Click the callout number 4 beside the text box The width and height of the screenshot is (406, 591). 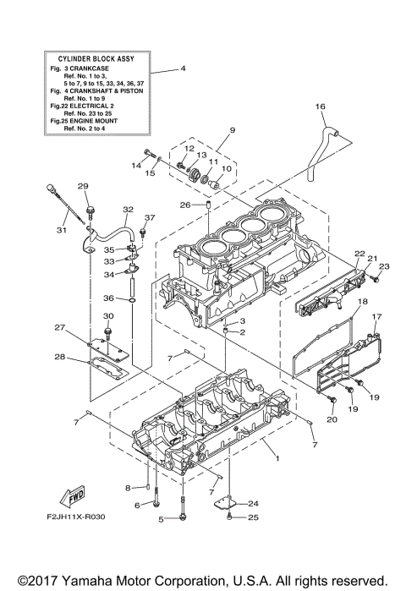pyautogui.click(x=183, y=68)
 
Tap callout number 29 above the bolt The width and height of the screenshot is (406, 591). pyautogui.click(x=84, y=187)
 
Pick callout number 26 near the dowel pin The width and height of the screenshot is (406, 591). pyautogui.click(x=184, y=205)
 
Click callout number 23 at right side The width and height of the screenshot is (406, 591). pyautogui.click(x=383, y=267)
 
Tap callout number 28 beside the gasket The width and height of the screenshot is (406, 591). pyautogui.click(x=60, y=357)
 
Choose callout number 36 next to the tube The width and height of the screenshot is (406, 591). pyautogui.click(x=109, y=298)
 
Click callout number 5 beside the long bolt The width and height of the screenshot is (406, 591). pyautogui.click(x=160, y=517)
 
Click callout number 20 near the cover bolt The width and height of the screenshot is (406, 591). pyautogui.click(x=332, y=419)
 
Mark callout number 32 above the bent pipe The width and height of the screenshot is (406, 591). pyautogui.click(x=128, y=210)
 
